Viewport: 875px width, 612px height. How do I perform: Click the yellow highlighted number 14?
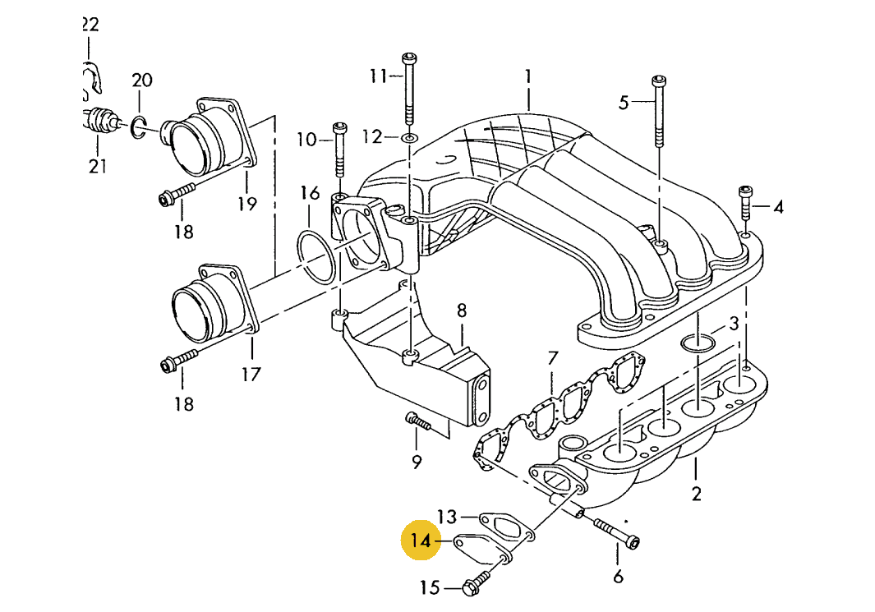[x=421, y=541]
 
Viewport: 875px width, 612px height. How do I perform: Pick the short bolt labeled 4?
[x=747, y=202]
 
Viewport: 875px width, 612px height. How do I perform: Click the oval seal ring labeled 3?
[x=698, y=341]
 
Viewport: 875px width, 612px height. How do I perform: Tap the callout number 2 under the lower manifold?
[x=696, y=493]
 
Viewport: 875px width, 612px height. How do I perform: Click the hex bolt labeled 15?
[x=474, y=587]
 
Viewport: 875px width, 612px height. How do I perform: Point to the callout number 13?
[x=446, y=517]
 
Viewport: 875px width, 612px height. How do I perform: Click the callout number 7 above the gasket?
[x=553, y=358]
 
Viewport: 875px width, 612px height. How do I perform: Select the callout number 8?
[x=462, y=311]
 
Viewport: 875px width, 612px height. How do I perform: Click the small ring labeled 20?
[x=140, y=124]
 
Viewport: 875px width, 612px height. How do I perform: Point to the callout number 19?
[x=247, y=204]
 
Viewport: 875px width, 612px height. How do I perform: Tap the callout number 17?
[x=251, y=375]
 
